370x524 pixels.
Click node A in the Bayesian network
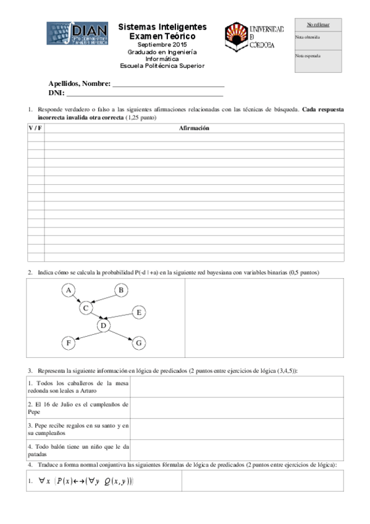70,290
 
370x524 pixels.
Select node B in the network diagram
122,290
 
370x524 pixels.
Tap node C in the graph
87,307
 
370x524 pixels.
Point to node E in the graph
139,313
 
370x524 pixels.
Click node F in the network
69,342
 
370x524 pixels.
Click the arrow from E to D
122,319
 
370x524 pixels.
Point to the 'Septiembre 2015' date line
162,46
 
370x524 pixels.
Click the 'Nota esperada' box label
308,56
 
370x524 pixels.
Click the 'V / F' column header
35,128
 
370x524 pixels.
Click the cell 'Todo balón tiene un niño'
78,449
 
